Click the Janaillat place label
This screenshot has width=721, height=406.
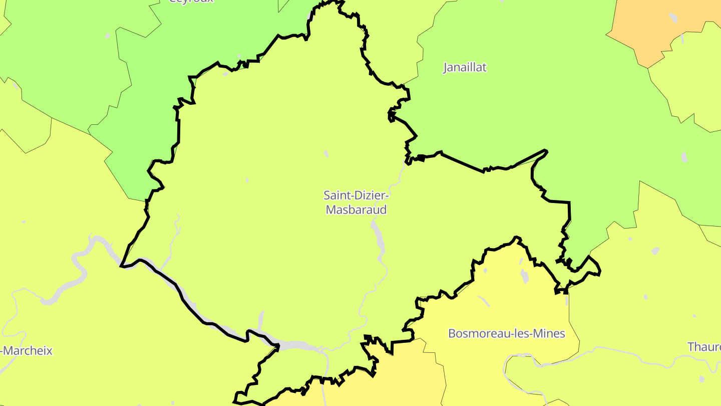pos(465,68)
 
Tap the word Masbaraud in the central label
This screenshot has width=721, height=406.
pos(356,210)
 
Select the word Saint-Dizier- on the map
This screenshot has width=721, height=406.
pos(356,194)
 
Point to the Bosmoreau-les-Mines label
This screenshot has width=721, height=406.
pos(506,333)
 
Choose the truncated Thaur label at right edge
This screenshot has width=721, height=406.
pos(704,347)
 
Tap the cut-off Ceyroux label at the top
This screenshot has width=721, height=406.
pos(191,2)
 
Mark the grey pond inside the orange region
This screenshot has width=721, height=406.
pos(672,18)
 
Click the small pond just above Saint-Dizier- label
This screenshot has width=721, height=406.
pos(326,154)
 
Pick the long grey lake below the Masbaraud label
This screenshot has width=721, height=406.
pos(376,233)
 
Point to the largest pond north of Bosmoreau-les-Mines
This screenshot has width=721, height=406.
pos(524,276)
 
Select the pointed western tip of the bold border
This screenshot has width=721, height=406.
pos(122,266)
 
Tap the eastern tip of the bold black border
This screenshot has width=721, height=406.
pos(600,272)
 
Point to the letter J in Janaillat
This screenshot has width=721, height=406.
pos(446,68)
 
